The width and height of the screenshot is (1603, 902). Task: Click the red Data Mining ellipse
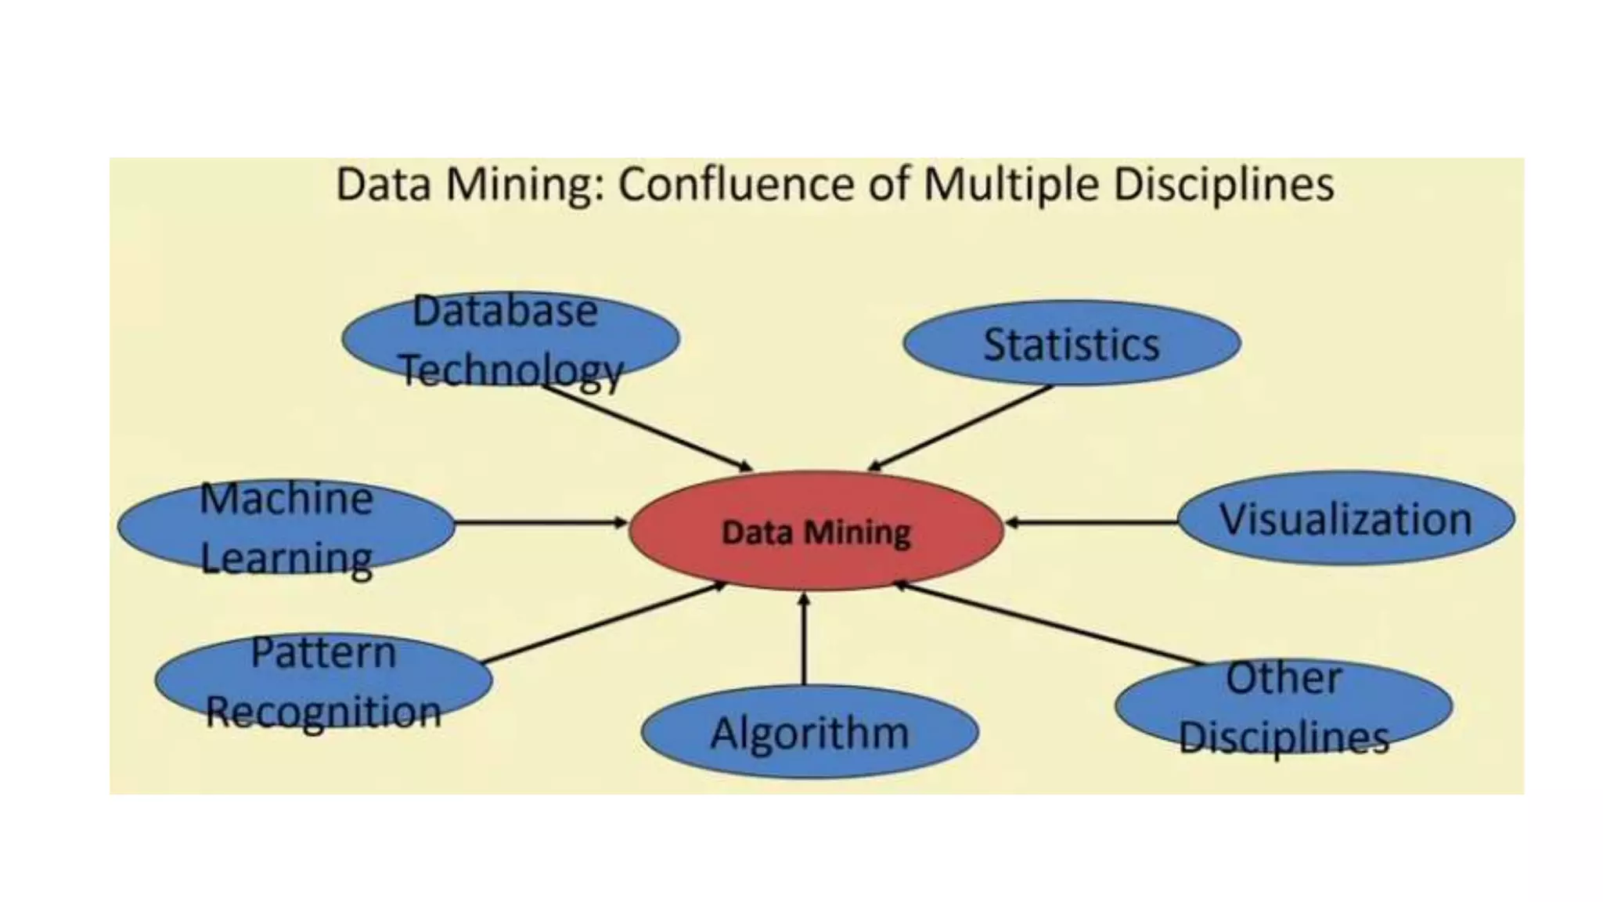tap(816, 531)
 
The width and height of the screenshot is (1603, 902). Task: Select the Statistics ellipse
tap(1072, 344)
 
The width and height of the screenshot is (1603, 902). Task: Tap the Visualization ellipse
tap(1345, 518)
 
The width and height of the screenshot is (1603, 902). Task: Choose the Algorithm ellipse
tap(809, 732)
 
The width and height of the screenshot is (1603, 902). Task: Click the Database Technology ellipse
tap(510, 338)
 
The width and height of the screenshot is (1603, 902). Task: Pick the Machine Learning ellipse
tap(286, 526)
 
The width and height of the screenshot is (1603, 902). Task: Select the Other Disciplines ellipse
tap(1284, 705)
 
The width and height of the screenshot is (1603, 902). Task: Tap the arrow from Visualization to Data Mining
tap(1092, 522)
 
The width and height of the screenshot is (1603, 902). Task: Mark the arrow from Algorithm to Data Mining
tap(804, 638)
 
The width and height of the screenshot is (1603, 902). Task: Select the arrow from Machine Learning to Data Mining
tap(540, 522)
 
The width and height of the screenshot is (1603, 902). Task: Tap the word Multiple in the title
tap(1012, 185)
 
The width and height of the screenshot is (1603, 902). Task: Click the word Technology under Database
tap(512, 370)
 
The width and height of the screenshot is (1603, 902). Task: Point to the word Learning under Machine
tap(286, 558)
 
